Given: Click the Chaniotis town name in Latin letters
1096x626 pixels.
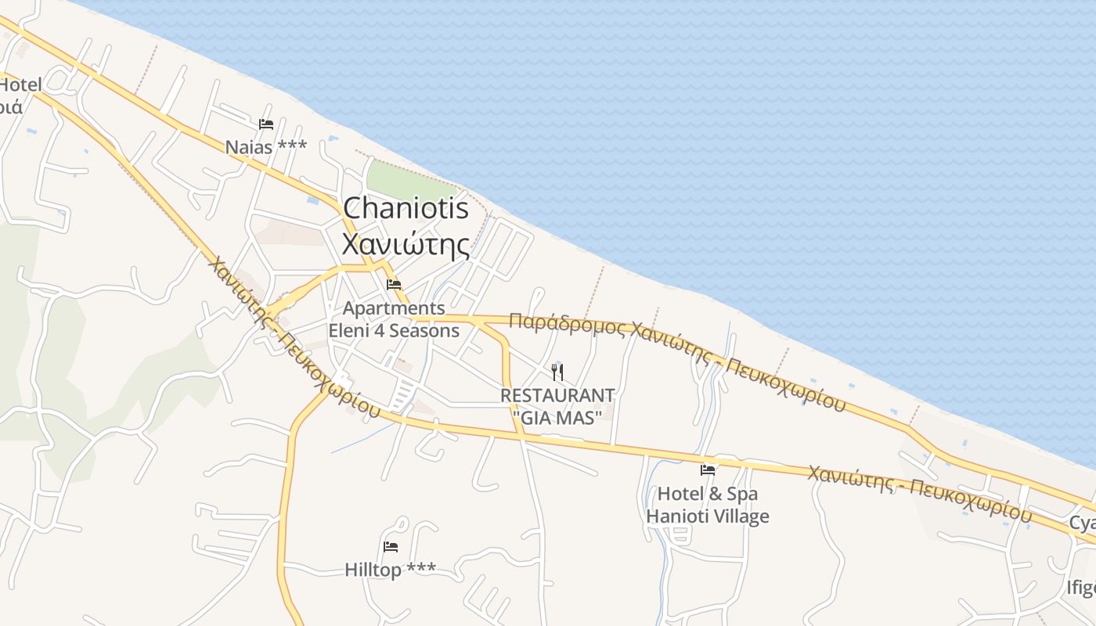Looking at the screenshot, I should click(x=406, y=208).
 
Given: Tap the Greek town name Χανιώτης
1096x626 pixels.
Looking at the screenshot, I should click(x=406, y=243).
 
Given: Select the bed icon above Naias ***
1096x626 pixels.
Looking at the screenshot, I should click(x=266, y=124).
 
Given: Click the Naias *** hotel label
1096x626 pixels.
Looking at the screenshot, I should click(x=266, y=147).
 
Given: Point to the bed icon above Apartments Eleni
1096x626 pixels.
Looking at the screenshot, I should click(x=394, y=284).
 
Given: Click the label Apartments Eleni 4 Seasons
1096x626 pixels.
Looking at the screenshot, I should click(x=394, y=319).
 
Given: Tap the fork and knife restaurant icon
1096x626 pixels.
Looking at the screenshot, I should click(x=557, y=372).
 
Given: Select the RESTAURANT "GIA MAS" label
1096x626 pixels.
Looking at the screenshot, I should click(x=557, y=406).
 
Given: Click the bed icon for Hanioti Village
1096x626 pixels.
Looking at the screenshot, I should click(x=708, y=470).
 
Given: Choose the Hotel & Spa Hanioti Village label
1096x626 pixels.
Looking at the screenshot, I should click(x=708, y=505).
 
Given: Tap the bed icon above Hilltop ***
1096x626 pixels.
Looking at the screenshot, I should click(x=391, y=546).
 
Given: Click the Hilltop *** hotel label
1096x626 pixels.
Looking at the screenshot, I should click(x=391, y=570).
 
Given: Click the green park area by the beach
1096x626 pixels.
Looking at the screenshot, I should click(x=409, y=182).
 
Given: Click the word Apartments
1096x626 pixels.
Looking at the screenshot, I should click(x=394, y=308).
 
